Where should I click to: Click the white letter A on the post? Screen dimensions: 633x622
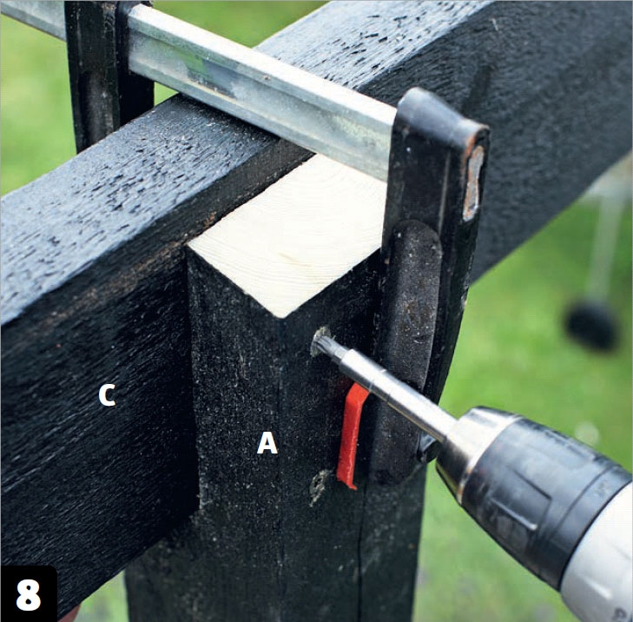point(267,443)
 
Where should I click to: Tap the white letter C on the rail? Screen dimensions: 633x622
point(107,394)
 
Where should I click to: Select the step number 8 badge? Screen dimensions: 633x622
point(29,594)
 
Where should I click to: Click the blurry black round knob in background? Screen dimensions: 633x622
point(592,325)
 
